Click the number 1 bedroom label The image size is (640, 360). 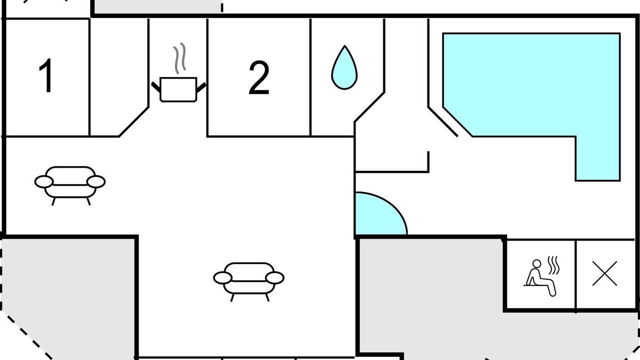(x=45, y=75)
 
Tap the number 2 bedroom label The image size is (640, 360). (x=259, y=77)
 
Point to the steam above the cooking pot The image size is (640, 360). (x=179, y=58)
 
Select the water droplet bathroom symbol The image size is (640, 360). (x=344, y=67)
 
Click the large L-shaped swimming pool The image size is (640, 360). (x=531, y=85)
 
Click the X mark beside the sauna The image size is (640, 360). (x=604, y=273)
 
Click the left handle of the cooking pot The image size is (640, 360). (x=156, y=87)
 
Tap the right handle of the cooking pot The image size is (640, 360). (x=201, y=87)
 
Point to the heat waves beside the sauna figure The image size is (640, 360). (x=553, y=265)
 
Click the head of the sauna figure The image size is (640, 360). (x=537, y=263)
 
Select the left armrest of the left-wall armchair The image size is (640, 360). (x=44, y=181)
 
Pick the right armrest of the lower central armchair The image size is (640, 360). (x=274, y=278)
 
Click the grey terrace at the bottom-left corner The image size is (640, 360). (x=67, y=297)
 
